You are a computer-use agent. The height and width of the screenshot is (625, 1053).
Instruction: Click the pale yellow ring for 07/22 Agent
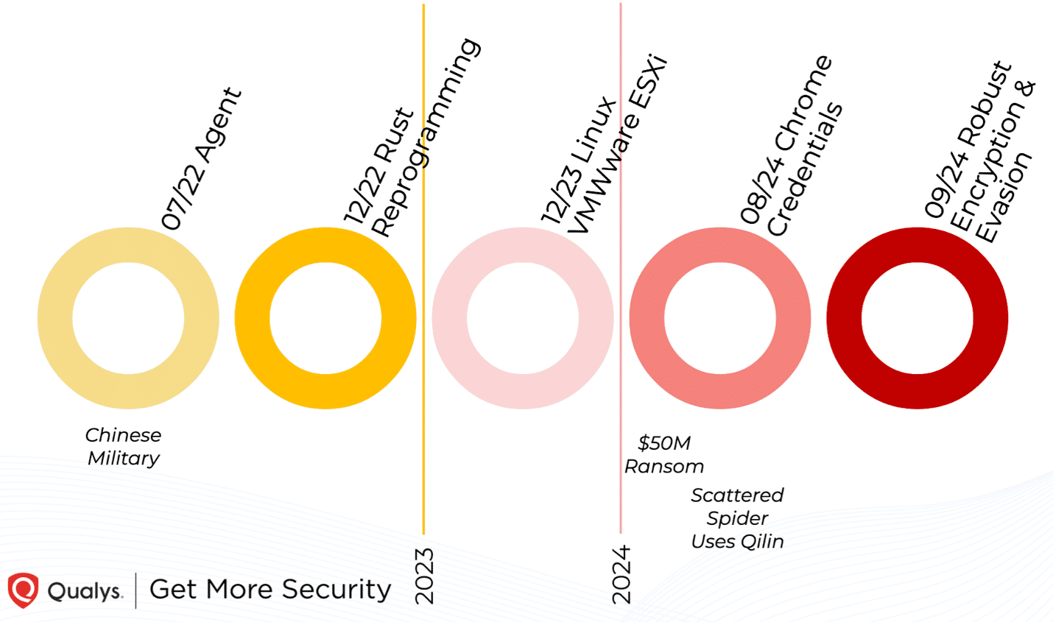(55, 318)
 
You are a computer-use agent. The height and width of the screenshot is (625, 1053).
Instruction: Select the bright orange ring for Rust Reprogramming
(253, 318)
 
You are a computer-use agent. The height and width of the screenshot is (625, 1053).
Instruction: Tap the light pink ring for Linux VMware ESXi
(450, 318)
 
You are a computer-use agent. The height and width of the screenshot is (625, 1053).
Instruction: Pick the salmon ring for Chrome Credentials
(647, 318)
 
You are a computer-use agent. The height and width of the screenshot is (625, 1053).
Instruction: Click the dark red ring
(845, 318)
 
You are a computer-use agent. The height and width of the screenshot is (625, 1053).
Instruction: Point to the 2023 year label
(425, 576)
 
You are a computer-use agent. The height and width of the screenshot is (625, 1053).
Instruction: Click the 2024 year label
(622, 574)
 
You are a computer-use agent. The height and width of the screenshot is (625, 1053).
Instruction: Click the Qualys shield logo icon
(23, 590)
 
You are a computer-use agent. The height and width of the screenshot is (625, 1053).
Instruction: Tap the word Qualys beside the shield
(85, 590)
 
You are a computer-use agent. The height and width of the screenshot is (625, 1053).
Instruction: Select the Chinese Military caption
(123, 446)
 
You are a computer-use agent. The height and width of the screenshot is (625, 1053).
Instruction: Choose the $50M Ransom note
(664, 454)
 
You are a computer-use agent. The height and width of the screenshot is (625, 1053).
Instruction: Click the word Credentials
(805, 169)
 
